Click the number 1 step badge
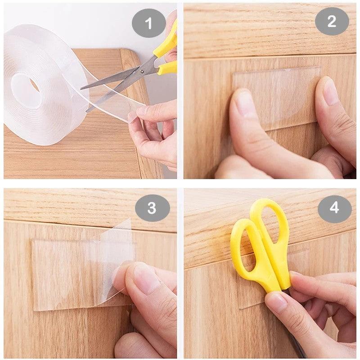[149, 21]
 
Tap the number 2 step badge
[332, 21]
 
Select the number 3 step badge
[152, 207]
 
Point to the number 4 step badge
[334, 207]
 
